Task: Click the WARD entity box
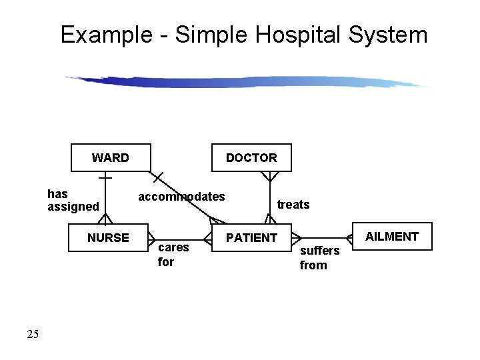111,158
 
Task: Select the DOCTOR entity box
251,158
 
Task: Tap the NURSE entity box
109,238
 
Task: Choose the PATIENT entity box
251,238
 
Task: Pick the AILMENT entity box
392,237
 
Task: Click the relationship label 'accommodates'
181,197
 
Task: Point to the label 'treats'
293,205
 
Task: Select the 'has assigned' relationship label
73,200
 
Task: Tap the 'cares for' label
173,255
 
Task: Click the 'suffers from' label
319,258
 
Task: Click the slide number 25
33,334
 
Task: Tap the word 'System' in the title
394,35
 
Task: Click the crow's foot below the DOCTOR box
269,177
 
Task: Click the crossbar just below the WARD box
105,179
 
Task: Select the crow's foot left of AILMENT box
348,237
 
